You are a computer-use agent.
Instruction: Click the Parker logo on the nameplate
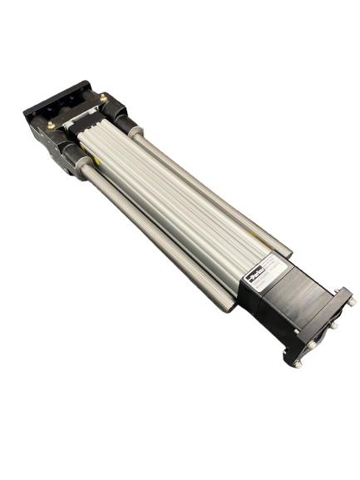(252, 274)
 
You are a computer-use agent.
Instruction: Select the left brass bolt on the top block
(52, 125)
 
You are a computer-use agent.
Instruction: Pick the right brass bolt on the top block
(103, 98)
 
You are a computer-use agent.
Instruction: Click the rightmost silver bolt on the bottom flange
(350, 301)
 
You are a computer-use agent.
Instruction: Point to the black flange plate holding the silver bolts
(320, 329)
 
